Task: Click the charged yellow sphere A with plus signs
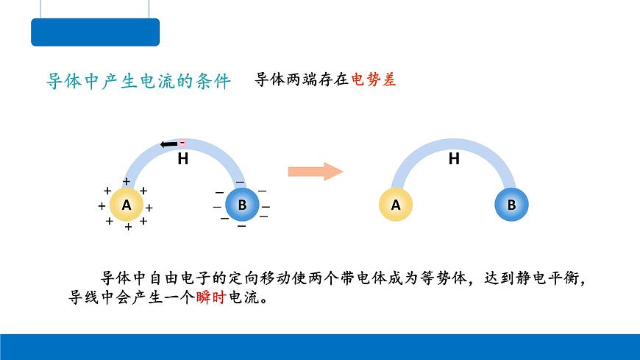pyautogui.click(x=127, y=205)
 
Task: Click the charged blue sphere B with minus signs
pyautogui.click(x=242, y=205)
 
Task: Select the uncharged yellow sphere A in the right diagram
pyautogui.click(x=396, y=205)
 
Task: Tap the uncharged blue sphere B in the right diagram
pyautogui.click(x=511, y=205)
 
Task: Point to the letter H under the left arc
pyautogui.click(x=183, y=158)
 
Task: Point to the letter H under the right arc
pyautogui.click(x=454, y=158)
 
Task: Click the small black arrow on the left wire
pyautogui.click(x=168, y=144)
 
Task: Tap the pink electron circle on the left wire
pyautogui.click(x=182, y=143)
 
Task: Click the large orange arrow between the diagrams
pyautogui.click(x=315, y=172)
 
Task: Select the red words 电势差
pyautogui.click(x=374, y=80)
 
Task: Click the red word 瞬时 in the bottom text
pyautogui.click(x=211, y=297)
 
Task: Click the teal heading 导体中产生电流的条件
pyautogui.click(x=139, y=81)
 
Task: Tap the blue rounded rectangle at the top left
pyautogui.click(x=95, y=32)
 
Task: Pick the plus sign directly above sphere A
pyautogui.click(x=127, y=181)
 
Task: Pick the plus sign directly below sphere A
pyautogui.click(x=128, y=227)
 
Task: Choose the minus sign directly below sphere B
pyautogui.click(x=241, y=226)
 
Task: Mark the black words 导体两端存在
pyautogui.click(x=302, y=80)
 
